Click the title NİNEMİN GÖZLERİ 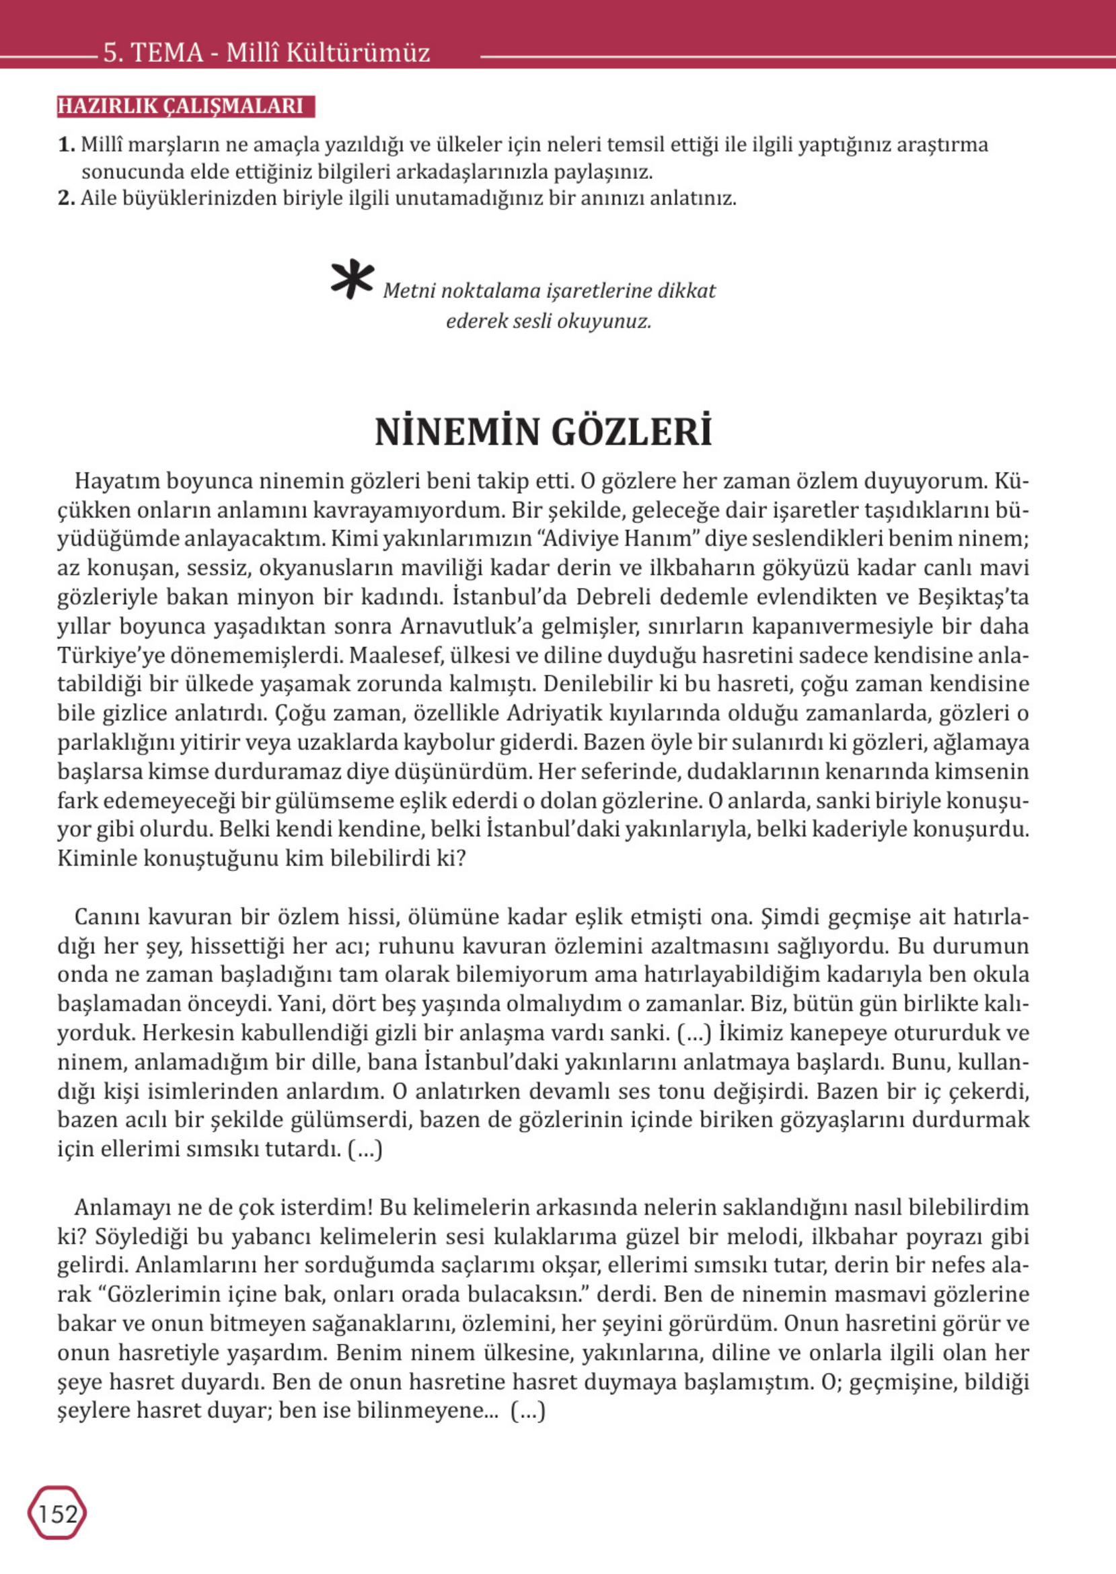coord(543,432)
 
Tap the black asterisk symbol coord(352,280)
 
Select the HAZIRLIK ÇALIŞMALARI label coord(181,106)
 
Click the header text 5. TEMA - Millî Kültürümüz coord(266,53)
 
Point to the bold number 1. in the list coord(67,145)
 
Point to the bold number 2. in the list coord(67,199)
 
